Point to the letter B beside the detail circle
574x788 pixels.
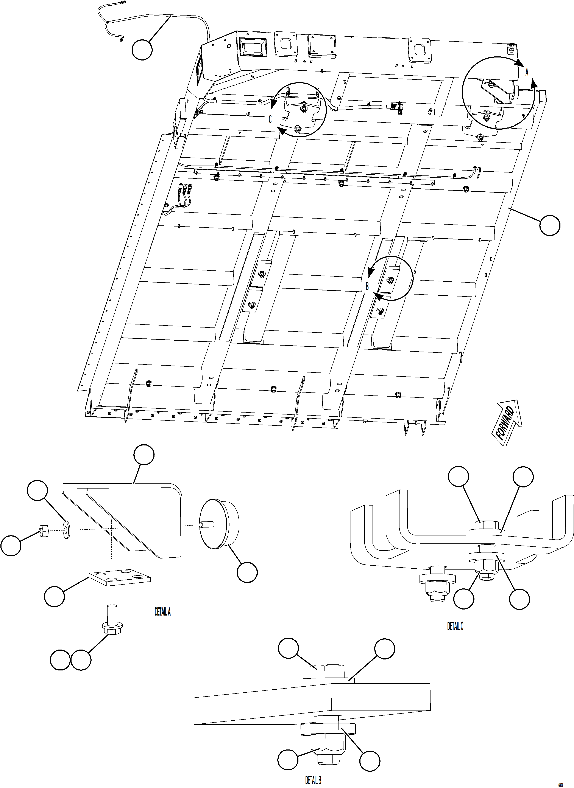click(367, 286)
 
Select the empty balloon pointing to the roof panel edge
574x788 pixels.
click(550, 225)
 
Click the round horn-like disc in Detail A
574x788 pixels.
click(219, 524)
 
